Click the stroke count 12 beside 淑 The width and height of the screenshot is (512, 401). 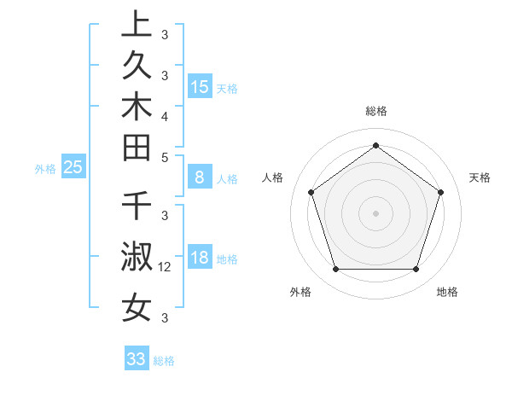pyautogui.click(x=166, y=267)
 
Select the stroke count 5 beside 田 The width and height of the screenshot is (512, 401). pyautogui.click(x=165, y=157)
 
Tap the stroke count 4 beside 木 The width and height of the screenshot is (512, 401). pyautogui.click(x=165, y=116)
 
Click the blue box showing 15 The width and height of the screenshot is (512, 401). pyautogui.click(x=200, y=86)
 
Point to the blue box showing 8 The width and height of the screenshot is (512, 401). pyautogui.click(x=200, y=177)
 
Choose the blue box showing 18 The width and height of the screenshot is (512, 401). pyautogui.click(x=200, y=258)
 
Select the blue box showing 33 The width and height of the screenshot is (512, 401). pyautogui.click(x=136, y=359)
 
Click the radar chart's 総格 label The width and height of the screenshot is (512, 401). pyautogui.click(x=375, y=111)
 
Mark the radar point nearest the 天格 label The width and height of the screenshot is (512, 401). pyautogui.click(x=441, y=192)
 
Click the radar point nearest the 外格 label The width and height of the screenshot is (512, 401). pyautogui.click(x=335, y=270)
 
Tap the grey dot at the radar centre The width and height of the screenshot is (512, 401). pyautogui.click(x=375, y=212)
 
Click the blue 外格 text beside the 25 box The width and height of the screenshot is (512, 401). pyautogui.click(x=45, y=169)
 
